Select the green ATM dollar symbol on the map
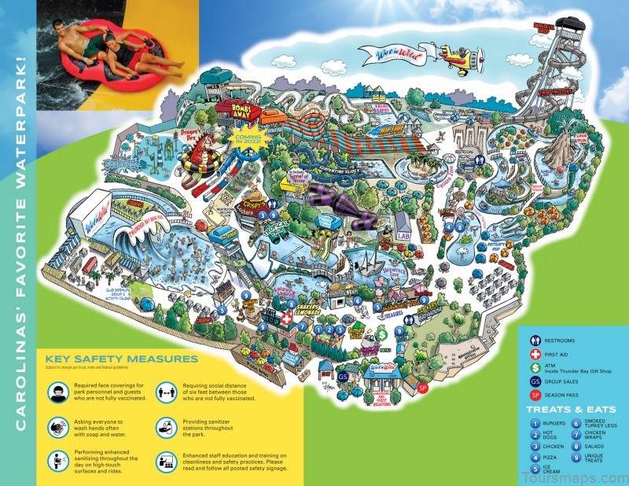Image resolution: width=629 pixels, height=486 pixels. (381, 334)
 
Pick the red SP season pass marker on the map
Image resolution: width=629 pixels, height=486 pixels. (422, 388)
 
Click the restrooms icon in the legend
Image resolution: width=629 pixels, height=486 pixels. (535, 341)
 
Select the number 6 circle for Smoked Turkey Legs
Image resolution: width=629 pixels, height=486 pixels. (576, 424)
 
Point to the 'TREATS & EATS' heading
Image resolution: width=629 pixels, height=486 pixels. (568, 409)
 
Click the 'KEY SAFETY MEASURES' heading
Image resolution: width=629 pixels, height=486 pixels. (121, 359)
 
